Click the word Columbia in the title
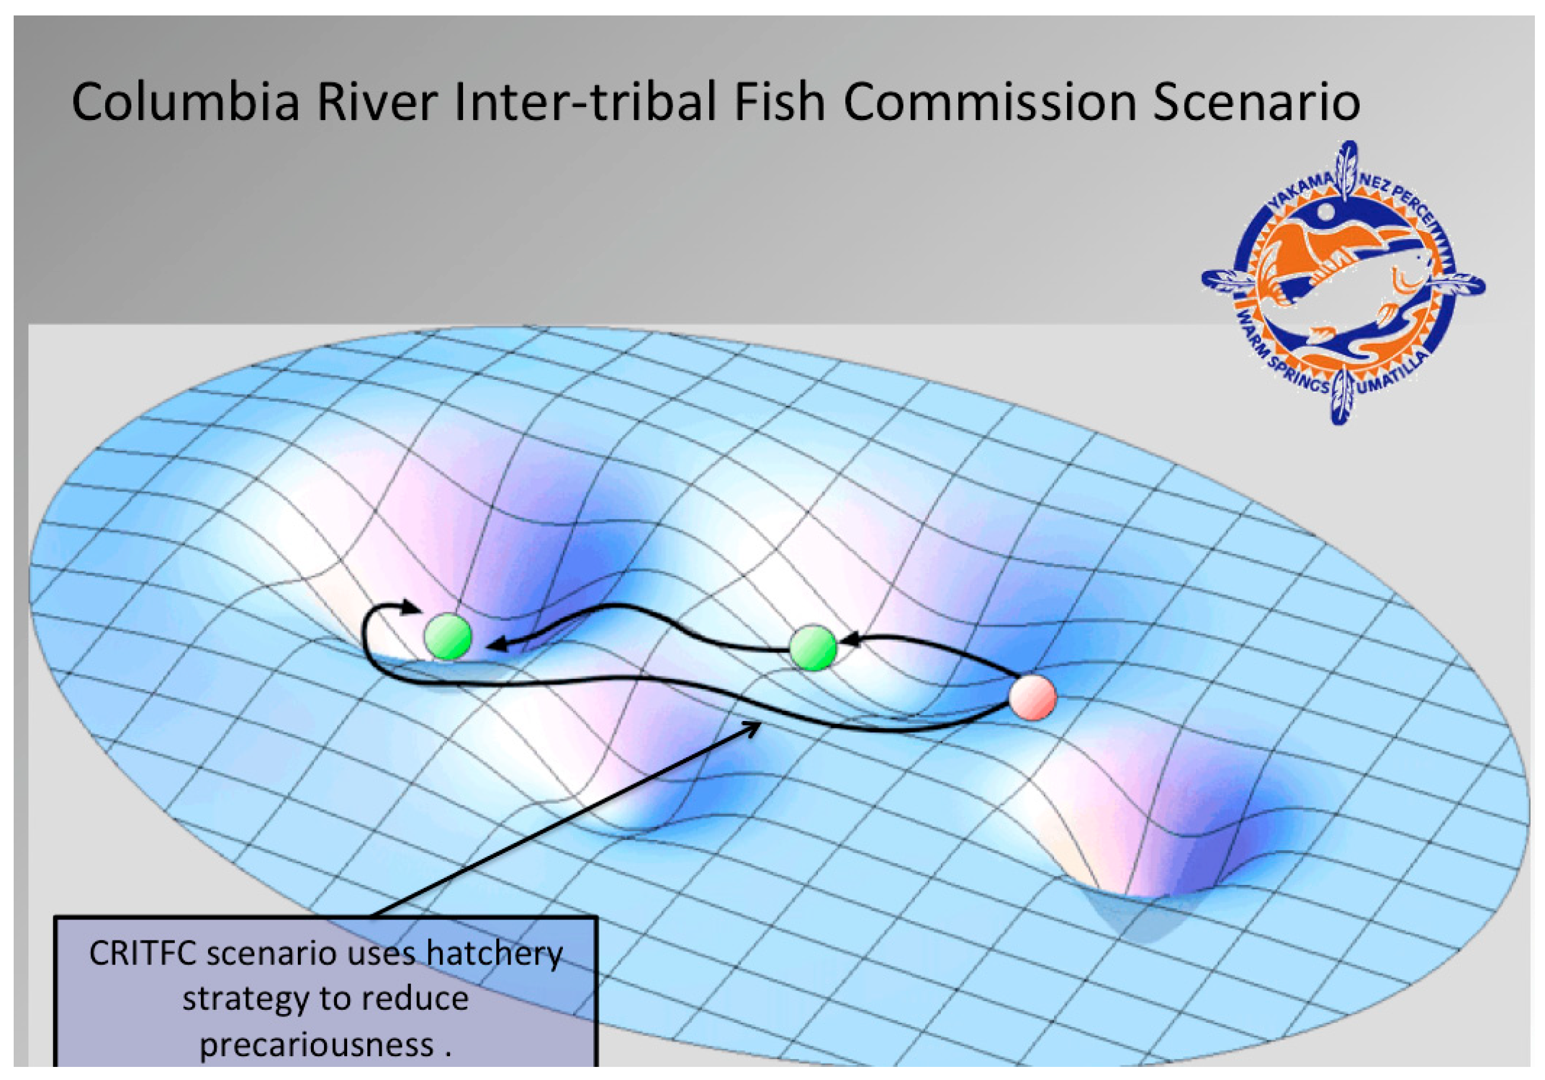point(185,102)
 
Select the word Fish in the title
point(780,102)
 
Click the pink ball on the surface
point(1032,698)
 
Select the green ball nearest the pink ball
point(813,647)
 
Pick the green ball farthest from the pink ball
point(448,636)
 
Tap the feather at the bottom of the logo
point(1342,396)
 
